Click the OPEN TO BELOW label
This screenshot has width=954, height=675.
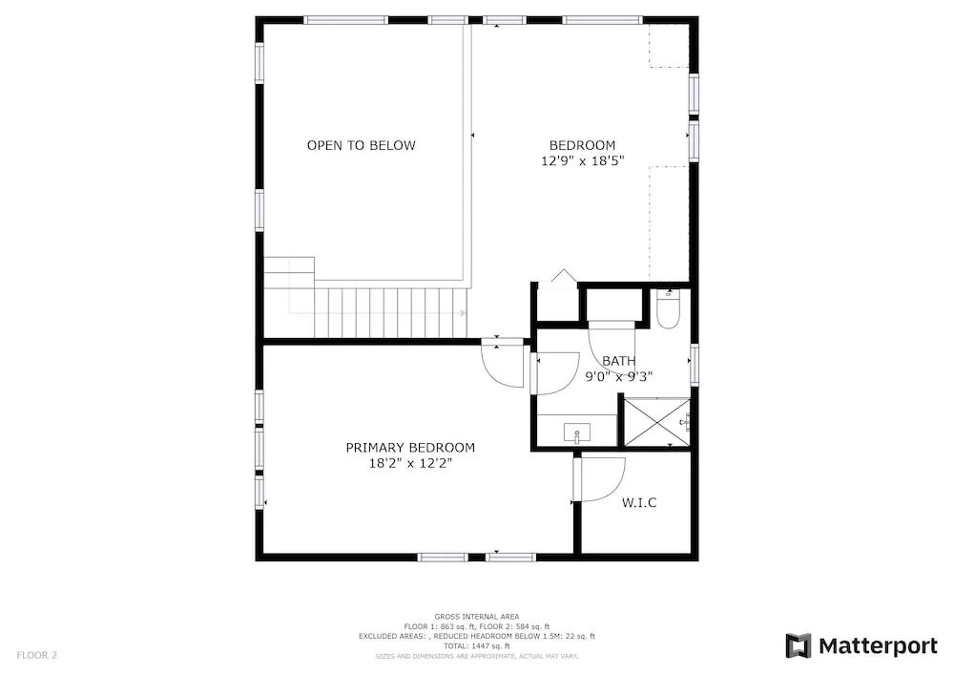[x=361, y=145]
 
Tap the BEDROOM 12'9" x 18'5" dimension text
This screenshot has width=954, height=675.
[x=583, y=161]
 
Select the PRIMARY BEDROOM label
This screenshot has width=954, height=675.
[x=410, y=448]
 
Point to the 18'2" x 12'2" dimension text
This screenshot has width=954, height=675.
[x=410, y=464]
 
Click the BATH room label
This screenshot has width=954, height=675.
[x=619, y=361]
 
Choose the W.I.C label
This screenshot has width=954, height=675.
[x=639, y=503]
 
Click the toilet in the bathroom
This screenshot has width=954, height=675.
[x=668, y=309]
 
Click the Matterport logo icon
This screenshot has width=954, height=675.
[x=798, y=645]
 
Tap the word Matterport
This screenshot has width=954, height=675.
[x=878, y=645]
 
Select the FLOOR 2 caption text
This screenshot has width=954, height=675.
[x=36, y=656]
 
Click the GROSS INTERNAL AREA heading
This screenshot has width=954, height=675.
[x=476, y=617]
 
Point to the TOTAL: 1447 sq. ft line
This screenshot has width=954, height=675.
[x=476, y=646]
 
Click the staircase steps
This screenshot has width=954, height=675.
[x=390, y=313]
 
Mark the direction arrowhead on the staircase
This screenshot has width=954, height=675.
[x=464, y=313]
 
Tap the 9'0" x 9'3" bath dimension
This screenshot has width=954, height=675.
[x=619, y=377]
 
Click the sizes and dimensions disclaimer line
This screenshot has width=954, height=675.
[x=476, y=657]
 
